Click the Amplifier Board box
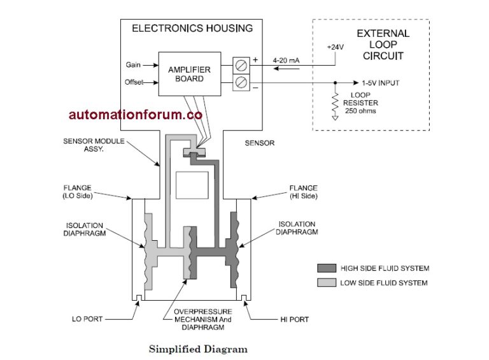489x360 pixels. pyautogui.click(x=189, y=74)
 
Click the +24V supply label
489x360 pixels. pyautogui.click(x=336, y=47)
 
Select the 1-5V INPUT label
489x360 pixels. pyautogui.click(x=380, y=83)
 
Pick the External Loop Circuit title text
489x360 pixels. pyautogui.click(x=383, y=44)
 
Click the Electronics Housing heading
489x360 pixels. pyautogui.click(x=192, y=28)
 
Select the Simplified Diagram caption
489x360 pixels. pyautogui.click(x=198, y=349)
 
